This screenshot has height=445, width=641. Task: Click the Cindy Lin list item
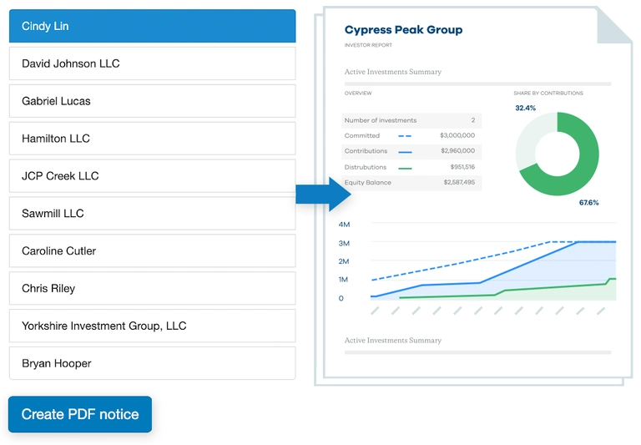pyautogui.click(x=152, y=26)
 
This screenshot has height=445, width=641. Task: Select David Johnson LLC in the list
pyautogui.click(x=152, y=63)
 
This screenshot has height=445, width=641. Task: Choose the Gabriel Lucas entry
pyautogui.click(x=152, y=101)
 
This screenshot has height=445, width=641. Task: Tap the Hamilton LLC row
pyautogui.click(x=152, y=139)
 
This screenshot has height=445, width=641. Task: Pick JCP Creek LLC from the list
pyautogui.click(x=152, y=176)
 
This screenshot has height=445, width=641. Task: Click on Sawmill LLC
pyautogui.click(x=152, y=214)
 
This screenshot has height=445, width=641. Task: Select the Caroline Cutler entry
pyautogui.click(x=152, y=251)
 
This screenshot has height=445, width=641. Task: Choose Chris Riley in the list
pyautogui.click(x=152, y=289)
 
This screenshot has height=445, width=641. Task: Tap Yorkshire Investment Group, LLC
pyautogui.click(x=152, y=326)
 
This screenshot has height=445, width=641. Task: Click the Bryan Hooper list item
pyautogui.click(x=152, y=364)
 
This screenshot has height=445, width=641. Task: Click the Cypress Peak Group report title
pyautogui.click(x=403, y=30)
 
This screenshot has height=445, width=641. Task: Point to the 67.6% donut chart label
pyautogui.click(x=588, y=203)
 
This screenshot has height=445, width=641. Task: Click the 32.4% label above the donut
pyautogui.click(x=525, y=109)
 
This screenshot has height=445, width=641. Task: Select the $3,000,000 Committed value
pyautogui.click(x=457, y=135)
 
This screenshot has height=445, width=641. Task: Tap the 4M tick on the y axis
pyautogui.click(x=344, y=225)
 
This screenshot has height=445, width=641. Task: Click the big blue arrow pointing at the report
pyautogui.click(x=325, y=195)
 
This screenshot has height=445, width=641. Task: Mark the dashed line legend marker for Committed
pyautogui.click(x=405, y=135)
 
